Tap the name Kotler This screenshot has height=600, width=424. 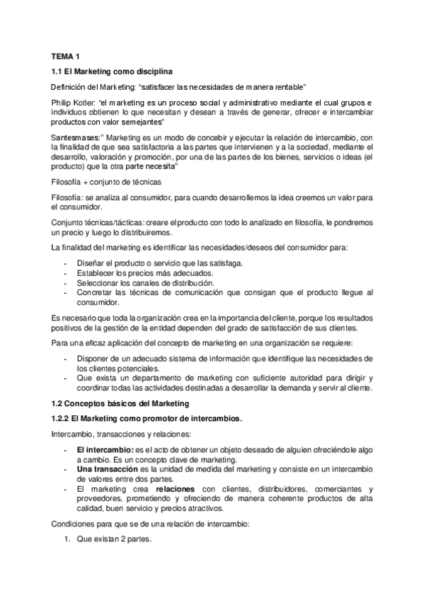(89, 103)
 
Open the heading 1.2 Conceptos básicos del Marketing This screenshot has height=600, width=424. (120, 403)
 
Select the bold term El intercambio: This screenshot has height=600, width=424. (105, 450)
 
